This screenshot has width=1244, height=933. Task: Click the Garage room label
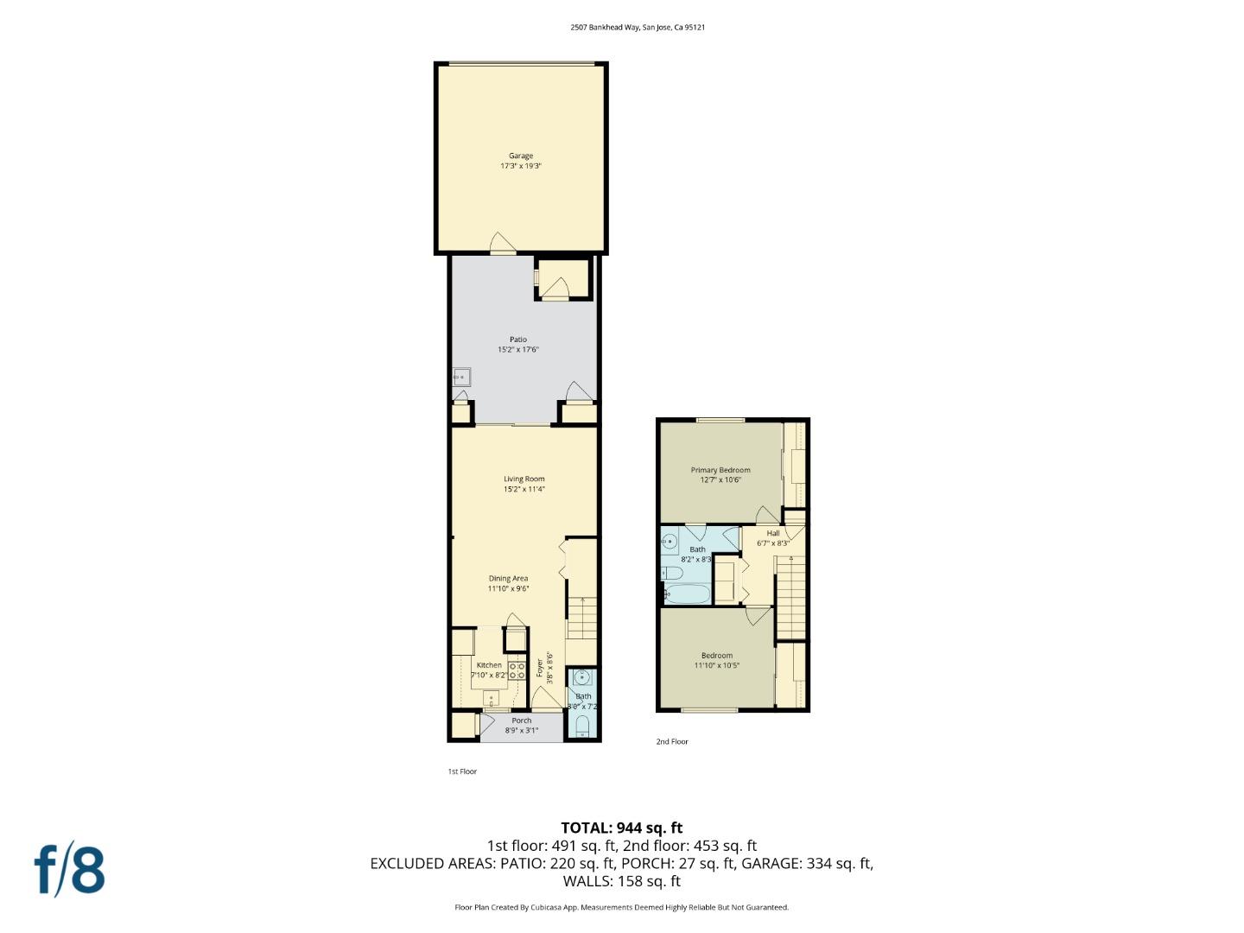(520, 156)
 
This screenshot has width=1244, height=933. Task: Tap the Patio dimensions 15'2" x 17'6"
(517, 350)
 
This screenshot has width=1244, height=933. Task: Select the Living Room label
(524, 479)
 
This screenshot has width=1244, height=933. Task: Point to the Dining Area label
(508, 579)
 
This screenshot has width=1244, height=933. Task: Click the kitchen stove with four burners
(517, 670)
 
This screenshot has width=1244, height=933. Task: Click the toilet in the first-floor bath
(582, 724)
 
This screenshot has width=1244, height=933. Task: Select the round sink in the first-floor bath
(582, 677)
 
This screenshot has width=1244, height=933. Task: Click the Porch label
(522, 720)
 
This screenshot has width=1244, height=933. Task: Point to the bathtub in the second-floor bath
(687, 594)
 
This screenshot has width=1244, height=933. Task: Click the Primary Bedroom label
(720, 470)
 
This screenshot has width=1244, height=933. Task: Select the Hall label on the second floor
(773, 533)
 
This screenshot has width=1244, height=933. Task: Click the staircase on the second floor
(790, 596)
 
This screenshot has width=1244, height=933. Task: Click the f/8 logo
(70, 870)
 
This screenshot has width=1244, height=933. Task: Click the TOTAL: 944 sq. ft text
(622, 828)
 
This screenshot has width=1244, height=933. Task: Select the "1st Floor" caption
(462, 771)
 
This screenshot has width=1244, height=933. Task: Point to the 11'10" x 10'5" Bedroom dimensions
(717, 665)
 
